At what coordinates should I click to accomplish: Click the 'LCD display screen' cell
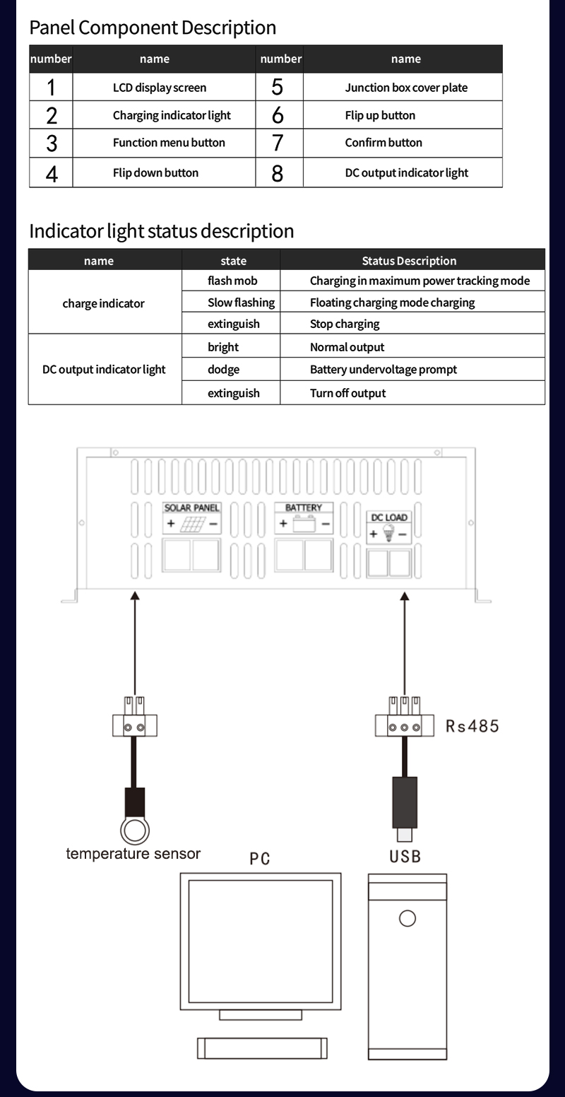point(160,88)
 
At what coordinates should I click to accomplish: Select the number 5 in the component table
point(278,88)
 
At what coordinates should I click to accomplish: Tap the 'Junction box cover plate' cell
point(406,88)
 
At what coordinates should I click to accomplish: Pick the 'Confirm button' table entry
point(383,143)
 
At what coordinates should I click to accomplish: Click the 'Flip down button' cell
point(155,172)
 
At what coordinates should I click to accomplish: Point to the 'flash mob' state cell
point(232,281)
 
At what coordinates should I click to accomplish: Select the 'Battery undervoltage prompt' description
point(383,370)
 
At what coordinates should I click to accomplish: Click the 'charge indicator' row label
point(103,303)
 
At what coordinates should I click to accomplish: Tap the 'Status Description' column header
point(409,261)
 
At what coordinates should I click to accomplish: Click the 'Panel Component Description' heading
point(153,28)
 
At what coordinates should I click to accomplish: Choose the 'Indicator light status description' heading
point(161,231)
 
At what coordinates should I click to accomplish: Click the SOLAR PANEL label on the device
point(192,508)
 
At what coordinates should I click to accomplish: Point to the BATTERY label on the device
point(304,508)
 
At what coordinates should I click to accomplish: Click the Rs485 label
point(472,726)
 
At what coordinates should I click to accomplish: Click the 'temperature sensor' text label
point(133,853)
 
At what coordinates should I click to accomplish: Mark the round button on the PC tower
point(408,918)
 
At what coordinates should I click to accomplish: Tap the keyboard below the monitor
point(262,1047)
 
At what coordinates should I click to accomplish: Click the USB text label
point(405,857)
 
